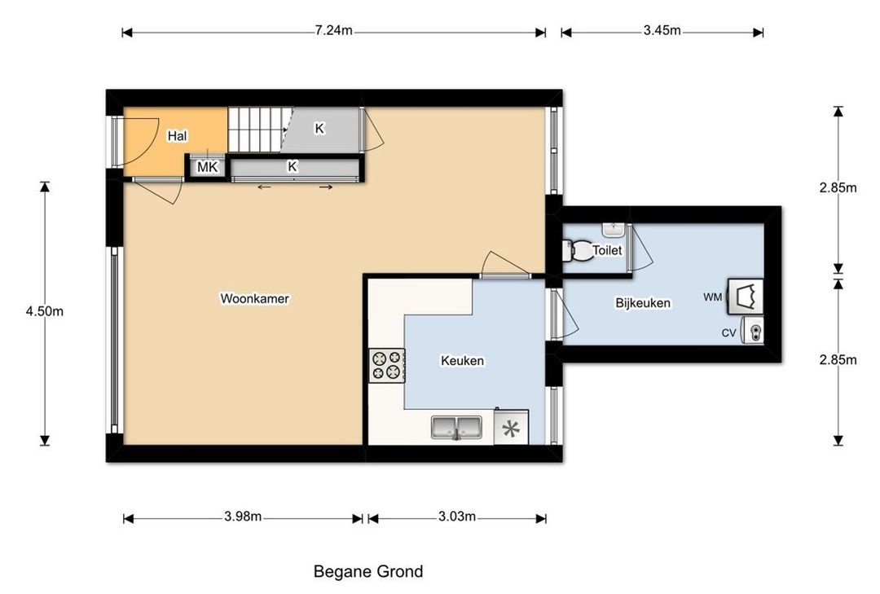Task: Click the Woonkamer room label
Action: click(254, 298)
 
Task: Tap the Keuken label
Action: click(463, 360)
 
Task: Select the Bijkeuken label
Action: click(643, 303)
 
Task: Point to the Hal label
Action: click(178, 136)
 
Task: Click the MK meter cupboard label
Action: click(207, 167)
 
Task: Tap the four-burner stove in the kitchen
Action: click(387, 366)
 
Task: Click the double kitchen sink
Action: click(456, 427)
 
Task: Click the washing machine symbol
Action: click(746, 297)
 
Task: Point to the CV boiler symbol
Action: click(753, 330)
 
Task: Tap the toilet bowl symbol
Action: click(578, 250)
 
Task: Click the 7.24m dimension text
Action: click(333, 30)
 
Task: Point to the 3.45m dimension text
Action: click(662, 30)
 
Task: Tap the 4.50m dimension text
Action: click(44, 311)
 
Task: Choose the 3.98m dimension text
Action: click(243, 517)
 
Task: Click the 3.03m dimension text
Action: click(457, 517)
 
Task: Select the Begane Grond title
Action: click(368, 571)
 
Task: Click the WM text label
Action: click(713, 297)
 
